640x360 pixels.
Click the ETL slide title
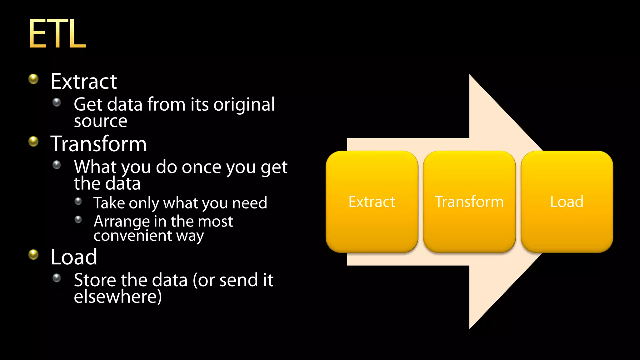(x=57, y=33)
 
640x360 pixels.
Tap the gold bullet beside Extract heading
(x=33, y=79)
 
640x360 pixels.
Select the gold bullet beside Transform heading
(x=33, y=142)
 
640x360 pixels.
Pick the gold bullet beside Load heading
(x=33, y=255)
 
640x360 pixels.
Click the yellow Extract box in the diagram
(x=372, y=202)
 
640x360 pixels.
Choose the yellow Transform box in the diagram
(x=469, y=202)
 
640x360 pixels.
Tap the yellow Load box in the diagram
(x=567, y=202)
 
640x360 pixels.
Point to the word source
(x=101, y=121)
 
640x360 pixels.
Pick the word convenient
(x=132, y=235)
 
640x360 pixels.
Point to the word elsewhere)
(x=118, y=297)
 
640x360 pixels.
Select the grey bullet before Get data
(x=57, y=102)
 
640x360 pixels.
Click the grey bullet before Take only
(x=78, y=201)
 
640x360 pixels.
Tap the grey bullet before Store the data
(x=57, y=278)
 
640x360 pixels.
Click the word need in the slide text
(x=250, y=203)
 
